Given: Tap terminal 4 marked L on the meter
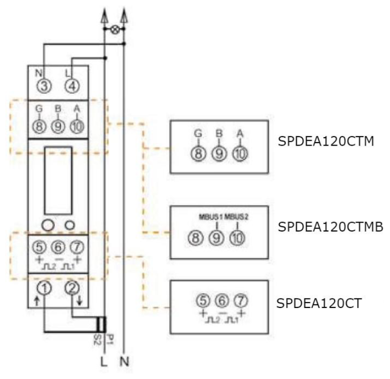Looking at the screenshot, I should pyautogui.click(x=72, y=86).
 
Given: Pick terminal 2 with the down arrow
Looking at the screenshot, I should pyautogui.click(x=72, y=288).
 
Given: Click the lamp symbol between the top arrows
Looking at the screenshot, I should pyautogui.click(x=115, y=30).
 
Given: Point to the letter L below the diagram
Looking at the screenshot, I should pyautogui.click(x=103, y=362).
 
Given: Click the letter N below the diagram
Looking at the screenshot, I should pyautogui.click(x=124, y=362).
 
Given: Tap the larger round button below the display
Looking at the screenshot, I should pyautogui.click(x=47, y=225).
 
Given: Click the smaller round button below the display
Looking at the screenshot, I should pyautogui.click(x=71, y=225).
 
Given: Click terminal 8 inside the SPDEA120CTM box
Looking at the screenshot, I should pyautogui.click(x=198, y=153).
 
